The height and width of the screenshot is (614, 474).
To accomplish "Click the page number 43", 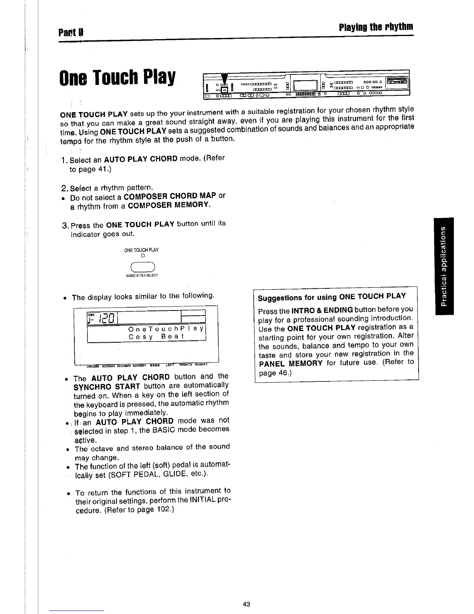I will (246, 604).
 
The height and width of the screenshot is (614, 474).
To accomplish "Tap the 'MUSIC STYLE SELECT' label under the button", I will (142, 275).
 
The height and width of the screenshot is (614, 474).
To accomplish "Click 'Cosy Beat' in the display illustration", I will (156, 336).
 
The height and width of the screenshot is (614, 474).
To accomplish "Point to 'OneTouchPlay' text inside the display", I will (166, 329).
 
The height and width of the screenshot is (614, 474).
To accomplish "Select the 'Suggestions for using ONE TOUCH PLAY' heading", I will (332, 297).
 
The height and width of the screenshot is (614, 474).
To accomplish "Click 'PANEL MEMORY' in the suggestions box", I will (290, 363).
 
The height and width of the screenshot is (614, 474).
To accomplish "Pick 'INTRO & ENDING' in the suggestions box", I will (322, 310).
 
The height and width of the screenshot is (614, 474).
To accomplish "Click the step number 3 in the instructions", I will (65, 226).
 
